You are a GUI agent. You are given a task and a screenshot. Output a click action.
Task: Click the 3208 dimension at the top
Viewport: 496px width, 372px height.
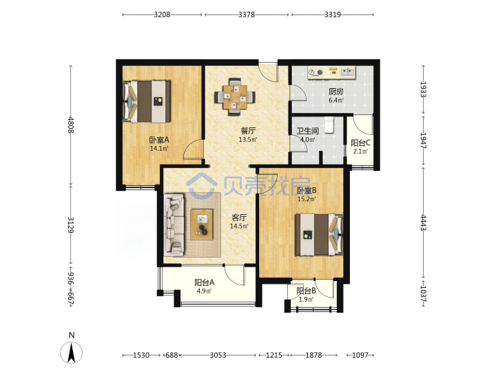(x=162, y=14)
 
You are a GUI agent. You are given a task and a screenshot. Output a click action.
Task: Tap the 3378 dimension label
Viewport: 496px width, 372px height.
(x=247, y=14)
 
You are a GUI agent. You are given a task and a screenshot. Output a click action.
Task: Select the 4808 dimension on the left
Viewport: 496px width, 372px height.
(x=71, y=125)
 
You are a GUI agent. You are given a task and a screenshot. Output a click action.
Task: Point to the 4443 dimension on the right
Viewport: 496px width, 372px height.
(x=423, y=223)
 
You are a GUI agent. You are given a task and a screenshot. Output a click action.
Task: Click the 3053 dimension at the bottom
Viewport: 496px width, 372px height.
(x=218, y=355)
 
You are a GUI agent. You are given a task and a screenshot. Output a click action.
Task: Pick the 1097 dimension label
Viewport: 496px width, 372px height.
(x=360, y=355)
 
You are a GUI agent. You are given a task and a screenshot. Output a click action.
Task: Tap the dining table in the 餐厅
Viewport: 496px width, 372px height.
(x=235, y=97)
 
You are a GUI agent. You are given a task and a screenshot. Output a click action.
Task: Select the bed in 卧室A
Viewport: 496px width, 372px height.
(x=147, y=101)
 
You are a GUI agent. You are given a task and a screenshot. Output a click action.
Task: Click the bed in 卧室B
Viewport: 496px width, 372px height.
(x=319, y=234)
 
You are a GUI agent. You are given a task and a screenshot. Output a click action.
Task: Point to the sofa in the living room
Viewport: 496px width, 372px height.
(x=174, y=225)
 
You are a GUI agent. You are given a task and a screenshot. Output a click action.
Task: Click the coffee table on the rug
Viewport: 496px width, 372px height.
(x=202, y=225)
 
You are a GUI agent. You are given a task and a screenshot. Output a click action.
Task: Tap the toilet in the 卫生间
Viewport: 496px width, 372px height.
(x=329, y=125)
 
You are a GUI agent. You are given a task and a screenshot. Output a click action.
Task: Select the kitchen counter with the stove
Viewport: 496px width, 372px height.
(x=332, y=73)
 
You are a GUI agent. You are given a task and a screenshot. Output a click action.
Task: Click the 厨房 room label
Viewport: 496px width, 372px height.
(x=336, y=92)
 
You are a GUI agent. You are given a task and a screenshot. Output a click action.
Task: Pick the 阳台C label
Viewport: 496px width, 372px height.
(x=360, y=143)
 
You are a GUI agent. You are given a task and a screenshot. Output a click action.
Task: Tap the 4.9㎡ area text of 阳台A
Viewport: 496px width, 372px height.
(x=205, y=291)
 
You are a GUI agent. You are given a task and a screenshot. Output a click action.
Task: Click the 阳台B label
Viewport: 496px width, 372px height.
(x=306, y=291)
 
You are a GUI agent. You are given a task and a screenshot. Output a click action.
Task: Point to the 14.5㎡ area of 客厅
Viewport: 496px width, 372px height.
(x=239, y=226)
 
